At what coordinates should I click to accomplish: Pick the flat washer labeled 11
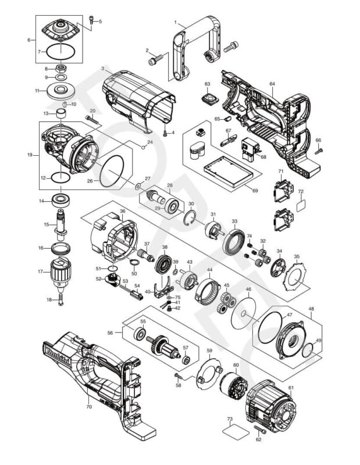pos(60,90)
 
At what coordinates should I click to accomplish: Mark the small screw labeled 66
pos(320,150)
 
